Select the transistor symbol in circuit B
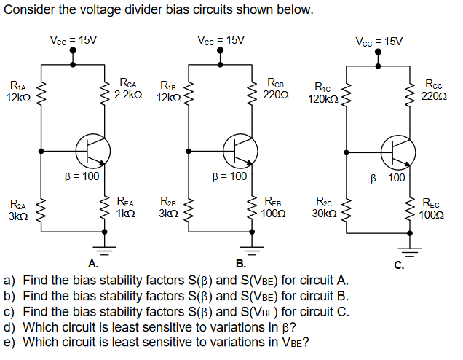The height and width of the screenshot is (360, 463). [240, 150]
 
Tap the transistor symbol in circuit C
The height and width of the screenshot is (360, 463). [400, 150]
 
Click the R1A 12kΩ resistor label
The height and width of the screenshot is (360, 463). [17, 92]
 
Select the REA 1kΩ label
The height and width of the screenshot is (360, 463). [126, 206]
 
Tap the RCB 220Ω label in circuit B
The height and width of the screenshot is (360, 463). [276, 89]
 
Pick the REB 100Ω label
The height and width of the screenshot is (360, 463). [274, 206]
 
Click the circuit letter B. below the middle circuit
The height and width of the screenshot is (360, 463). [240, 264]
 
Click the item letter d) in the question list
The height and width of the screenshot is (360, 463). [11, 327]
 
